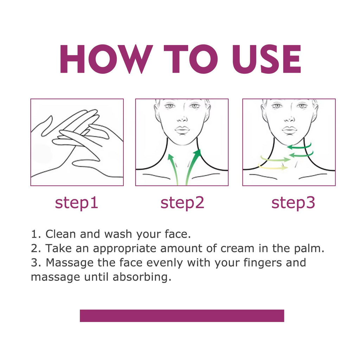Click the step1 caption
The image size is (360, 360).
[x=77, y=203]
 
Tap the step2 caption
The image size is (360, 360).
[x=182, y=203]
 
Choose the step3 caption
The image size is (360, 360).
[x=293, y=203]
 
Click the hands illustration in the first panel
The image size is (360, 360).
[x=77, y=142]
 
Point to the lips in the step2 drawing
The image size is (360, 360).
[x=182, y=130]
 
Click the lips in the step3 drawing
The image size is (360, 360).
[x=289, y=130]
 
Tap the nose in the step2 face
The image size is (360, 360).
[x=182, y=118]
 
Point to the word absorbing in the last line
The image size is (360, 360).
[x=142, y=277]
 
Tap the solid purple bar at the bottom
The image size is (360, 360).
[x=182, y=315]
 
